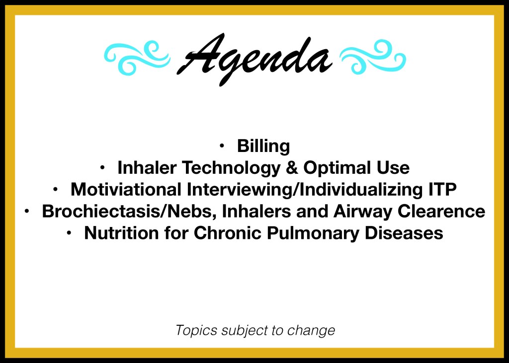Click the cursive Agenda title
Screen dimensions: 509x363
(254, 59)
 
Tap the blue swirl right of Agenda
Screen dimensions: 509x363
(373, 57)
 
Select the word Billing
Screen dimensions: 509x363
(263, 146)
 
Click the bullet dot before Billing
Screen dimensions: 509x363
(222, 146)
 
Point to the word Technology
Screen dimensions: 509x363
(231, 168)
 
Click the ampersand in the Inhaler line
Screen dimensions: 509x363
(292, 168)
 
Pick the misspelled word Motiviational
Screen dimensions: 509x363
(126, 190)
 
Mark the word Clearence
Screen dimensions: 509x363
(441, 211)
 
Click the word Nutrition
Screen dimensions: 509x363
(121, 233)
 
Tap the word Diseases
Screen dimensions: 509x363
(404, 233)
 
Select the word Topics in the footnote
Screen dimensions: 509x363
(196, 331)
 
